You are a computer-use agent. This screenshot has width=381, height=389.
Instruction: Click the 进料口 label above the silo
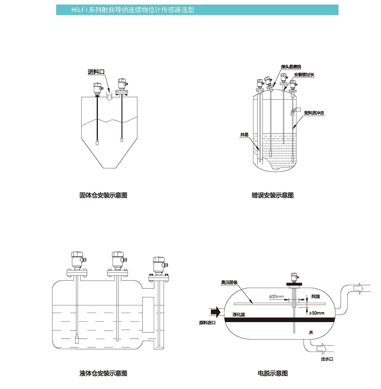click(96, 72)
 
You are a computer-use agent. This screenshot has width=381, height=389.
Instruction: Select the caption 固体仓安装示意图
click(103, 195)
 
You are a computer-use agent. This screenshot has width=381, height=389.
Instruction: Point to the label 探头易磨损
click(291, 67)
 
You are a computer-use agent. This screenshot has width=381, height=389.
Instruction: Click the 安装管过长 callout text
click(304, 75)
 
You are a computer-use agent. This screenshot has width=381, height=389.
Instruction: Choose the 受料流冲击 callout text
click(314, 113)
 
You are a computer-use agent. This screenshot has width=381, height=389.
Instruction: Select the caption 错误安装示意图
click(273, 195)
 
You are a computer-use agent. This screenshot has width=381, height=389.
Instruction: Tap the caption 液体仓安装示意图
click(103, 373)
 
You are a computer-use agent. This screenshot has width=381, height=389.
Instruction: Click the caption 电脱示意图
click(273, 373)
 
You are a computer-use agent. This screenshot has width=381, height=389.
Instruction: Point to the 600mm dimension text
click(276, 297)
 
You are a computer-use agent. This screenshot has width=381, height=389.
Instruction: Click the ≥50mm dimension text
click(317, 313)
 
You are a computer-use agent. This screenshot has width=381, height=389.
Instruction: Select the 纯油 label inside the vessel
click(315, 296)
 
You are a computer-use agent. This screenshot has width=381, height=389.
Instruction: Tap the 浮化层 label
click(239, 315)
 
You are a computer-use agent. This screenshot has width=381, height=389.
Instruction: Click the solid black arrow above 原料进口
click(216, 312)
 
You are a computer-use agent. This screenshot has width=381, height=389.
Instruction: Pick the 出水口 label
click(327, 359)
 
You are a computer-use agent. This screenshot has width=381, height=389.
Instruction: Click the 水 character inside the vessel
click(311, 332)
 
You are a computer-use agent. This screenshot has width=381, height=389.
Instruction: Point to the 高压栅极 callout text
click(229, 283)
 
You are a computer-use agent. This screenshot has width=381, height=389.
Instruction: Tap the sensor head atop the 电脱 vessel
click(294, 277)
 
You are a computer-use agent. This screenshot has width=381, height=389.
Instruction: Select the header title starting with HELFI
click(133, 10)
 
